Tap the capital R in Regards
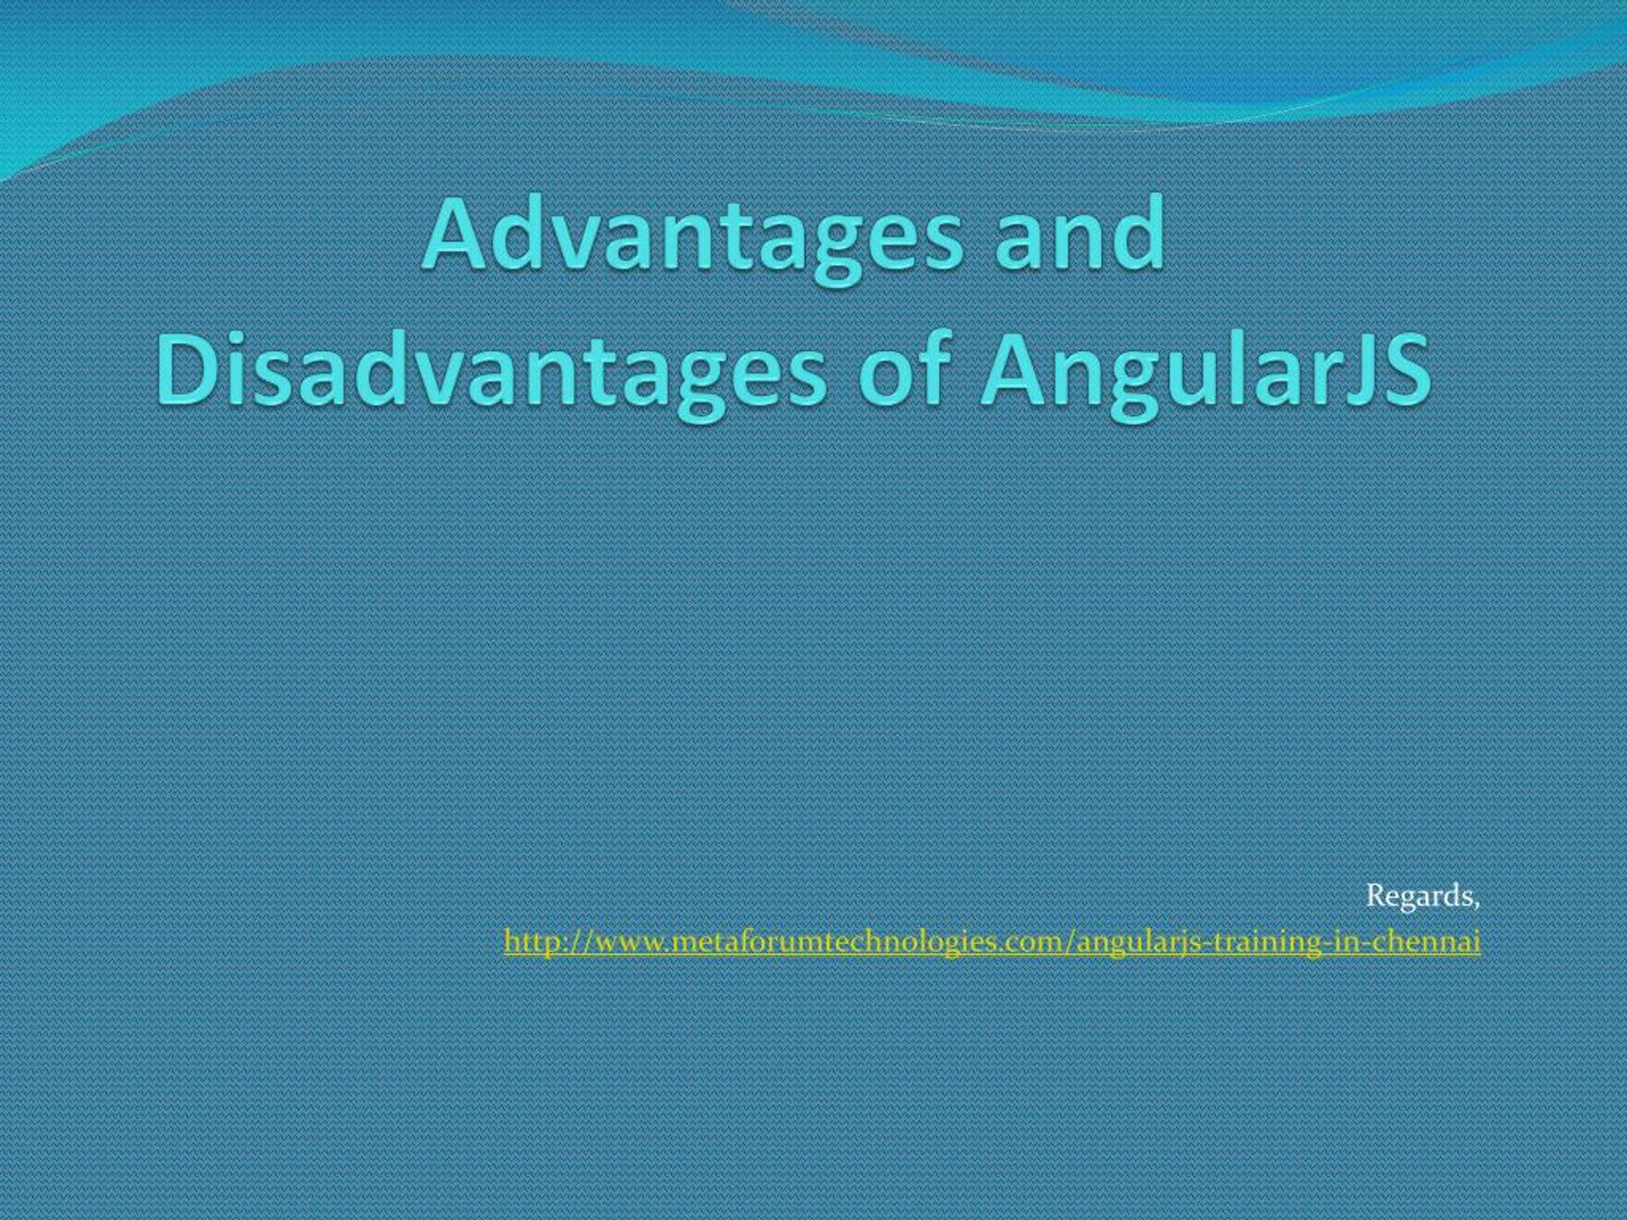[x=1375, y=896]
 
